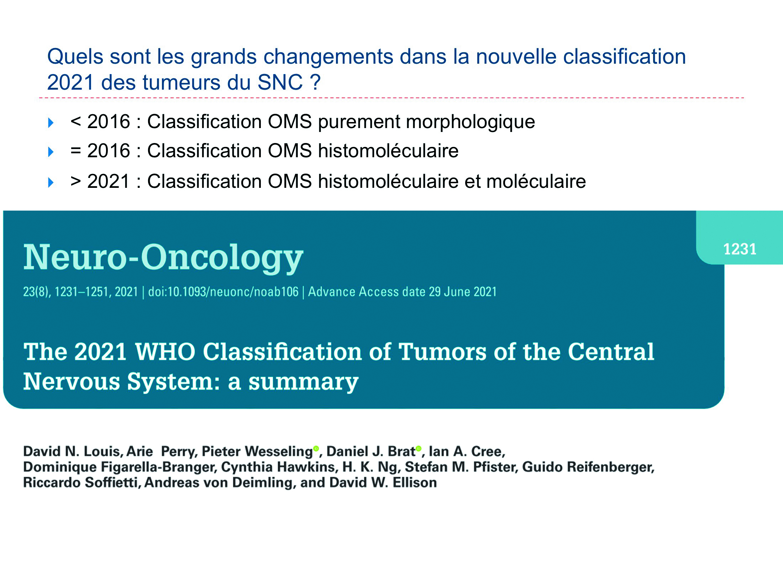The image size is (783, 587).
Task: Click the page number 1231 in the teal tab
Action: pyautogui.click(x=740, y=249)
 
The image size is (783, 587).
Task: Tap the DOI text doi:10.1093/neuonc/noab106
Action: pyautogui.click(x=223, y=292)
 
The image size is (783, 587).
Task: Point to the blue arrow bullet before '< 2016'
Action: pyautogui.click(x=51, y=123)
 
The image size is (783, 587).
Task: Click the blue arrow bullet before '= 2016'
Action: pyautogui.click(x=51, y=152)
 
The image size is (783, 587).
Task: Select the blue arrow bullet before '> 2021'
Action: pyautogui.click(x=51, y=183)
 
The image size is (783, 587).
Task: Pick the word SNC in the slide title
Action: pyautogui.click(x=280, y=83)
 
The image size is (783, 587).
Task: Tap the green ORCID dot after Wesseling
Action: pyautogui.click(x=316, y=448)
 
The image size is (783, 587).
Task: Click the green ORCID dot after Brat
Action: pyautogui.click(x=419, y=448)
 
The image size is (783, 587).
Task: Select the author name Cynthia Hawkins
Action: pyautogui.click(x=279, y=467)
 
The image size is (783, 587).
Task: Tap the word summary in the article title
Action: pyautogui.click(x=303, y=382)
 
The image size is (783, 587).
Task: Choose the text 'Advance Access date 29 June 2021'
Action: pyautogui.click(x=402, y=292)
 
